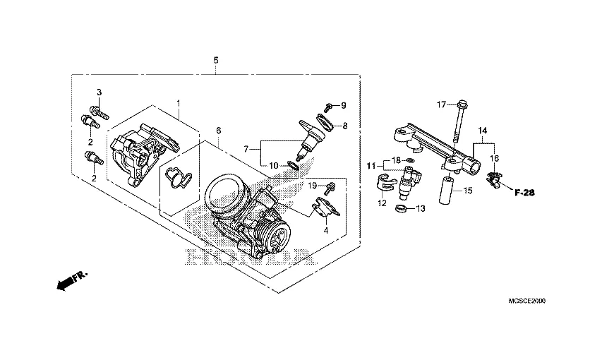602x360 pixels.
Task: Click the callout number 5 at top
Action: tap(215, 61)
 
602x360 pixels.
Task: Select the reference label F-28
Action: tap(525, 193)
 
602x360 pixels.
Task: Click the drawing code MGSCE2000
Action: tap(527, 301)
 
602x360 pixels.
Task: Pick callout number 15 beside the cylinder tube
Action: tap(467, 190)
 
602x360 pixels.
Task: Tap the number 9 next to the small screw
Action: tap(344, 106)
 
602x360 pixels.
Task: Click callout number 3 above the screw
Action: tap(100, 92)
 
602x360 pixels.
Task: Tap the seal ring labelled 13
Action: tap(402, 209)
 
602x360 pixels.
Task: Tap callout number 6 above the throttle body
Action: tap(218, 131)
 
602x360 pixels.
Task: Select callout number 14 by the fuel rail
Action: tap(483, 131)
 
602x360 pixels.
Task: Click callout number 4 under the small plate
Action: tap(326, 230)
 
